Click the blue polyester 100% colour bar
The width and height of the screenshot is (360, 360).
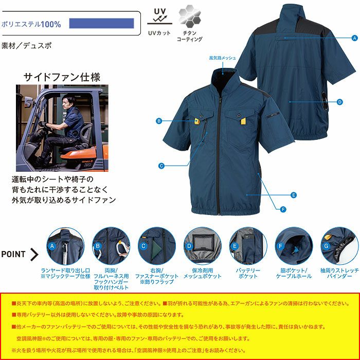click(x=101, y=24)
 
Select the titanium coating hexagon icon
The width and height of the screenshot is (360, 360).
click(x=189, y=17)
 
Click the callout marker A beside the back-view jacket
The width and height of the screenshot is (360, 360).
click(x=354, y=38)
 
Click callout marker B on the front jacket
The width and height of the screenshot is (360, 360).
click(x=159, y=121)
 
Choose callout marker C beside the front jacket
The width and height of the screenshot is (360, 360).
click(x=161, y=166)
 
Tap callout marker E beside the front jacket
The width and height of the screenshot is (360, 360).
click(x=294, y=195)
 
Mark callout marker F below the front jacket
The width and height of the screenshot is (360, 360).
click(x=283, y=209)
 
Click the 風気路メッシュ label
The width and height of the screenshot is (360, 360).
click(x=222, y=58)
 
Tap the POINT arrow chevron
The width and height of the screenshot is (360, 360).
click(x=35, y=254)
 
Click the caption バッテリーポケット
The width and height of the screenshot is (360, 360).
click(x=247, y=273)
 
